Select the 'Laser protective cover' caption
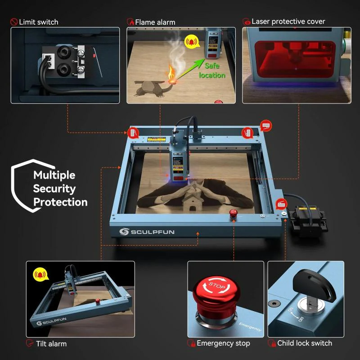click(288, 21)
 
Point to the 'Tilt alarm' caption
click(51, 344)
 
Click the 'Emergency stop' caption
click(223, 343)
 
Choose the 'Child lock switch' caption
click(305, 343)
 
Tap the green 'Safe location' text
click(211, 70)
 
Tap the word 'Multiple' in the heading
click(54, 175)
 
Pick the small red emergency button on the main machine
click(233, 214)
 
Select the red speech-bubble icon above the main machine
click(265, 126)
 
